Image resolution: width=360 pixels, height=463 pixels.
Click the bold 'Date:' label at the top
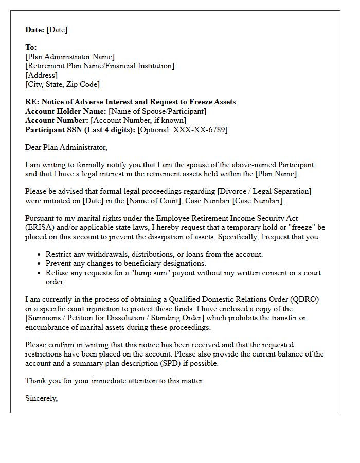(34, 30)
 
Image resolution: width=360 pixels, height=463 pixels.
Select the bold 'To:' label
(31, 47)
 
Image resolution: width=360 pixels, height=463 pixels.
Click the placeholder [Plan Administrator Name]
(70, 57)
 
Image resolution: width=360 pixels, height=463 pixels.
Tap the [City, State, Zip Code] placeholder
(62, 84)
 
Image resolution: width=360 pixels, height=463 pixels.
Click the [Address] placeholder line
(42, 75)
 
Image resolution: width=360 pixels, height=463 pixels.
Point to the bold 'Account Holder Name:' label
(65, 111)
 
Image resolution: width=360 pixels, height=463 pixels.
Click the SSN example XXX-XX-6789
(200, 130)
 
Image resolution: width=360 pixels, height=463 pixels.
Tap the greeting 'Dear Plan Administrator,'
(66, 147)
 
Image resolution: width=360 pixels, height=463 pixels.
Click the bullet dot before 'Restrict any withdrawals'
(40, 255)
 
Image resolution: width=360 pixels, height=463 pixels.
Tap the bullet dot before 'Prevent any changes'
(40, 264)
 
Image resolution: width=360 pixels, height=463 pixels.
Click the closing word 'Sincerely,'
(42, 398)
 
